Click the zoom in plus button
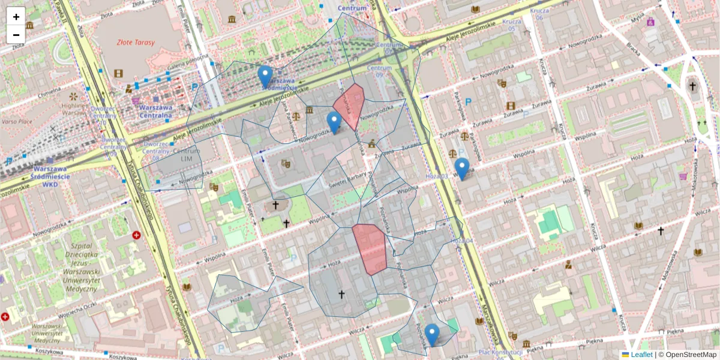[16, 17]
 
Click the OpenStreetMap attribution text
[691, 355]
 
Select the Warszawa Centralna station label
[155, 112]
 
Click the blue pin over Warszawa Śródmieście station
[265, 76]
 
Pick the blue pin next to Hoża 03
[461, 168]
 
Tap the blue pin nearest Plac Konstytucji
[432, 334]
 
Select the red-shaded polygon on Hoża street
[371, 248]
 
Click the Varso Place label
[16, 121]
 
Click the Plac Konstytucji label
[500, 352]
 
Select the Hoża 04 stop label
[462, 241]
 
